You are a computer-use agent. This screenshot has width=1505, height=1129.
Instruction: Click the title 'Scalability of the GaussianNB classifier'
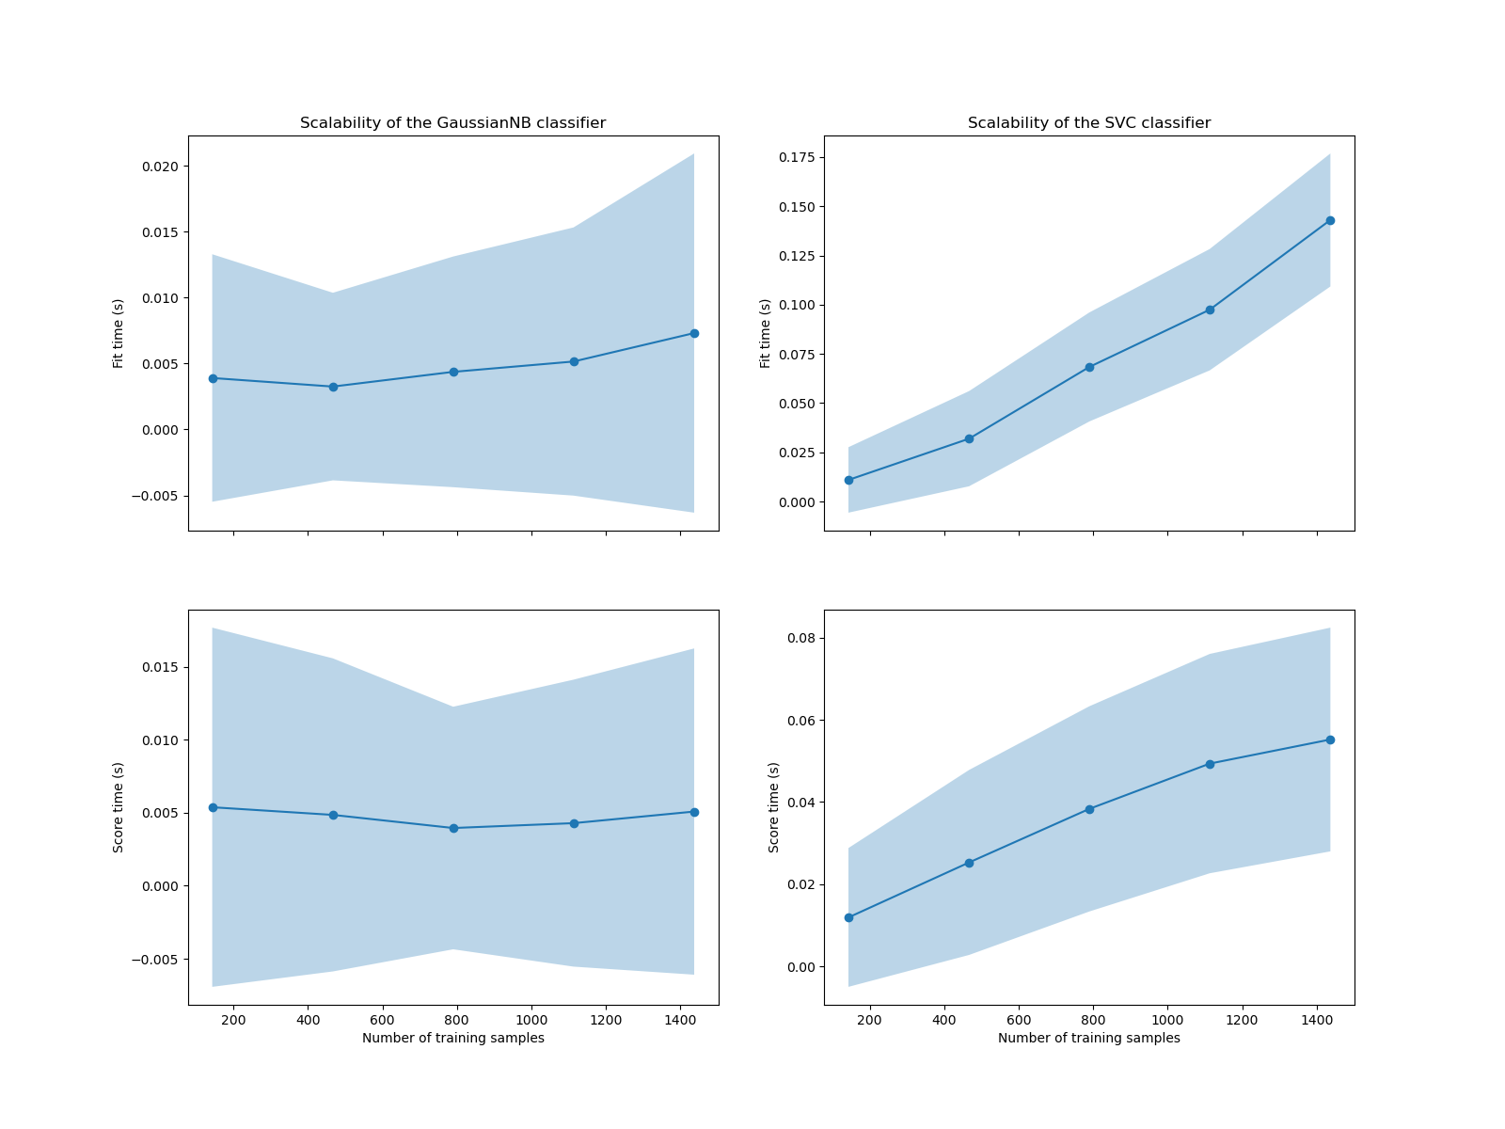click(x=452, y=123)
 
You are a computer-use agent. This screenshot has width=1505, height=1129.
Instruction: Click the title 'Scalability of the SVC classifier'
click(x=1089, y=123)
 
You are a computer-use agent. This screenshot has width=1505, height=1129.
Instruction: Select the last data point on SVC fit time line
click(x=1330, y=220)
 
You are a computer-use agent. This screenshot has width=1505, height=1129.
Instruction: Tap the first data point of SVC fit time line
click(x=848, y=480)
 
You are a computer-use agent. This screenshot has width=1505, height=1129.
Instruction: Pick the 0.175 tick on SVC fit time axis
click(x=796, y=157)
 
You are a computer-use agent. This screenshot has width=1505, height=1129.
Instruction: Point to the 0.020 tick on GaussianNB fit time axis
click(x=160, y=167)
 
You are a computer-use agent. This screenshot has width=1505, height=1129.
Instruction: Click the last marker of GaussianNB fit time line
click(x=694, y=333)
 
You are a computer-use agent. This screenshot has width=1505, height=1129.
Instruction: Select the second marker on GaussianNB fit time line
click(x=333, y=387)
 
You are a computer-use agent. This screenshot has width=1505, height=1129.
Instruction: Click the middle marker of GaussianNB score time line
click(x=453, y=828)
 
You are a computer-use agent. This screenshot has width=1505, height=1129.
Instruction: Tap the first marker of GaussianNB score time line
click(x=213, y=807)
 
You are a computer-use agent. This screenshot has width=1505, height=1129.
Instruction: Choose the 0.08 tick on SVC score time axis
click(x=800, y=638)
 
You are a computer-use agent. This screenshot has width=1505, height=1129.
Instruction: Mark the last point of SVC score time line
click(x=1330, y=739)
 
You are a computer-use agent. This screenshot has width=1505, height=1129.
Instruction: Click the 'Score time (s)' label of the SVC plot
click(x=774, y=807)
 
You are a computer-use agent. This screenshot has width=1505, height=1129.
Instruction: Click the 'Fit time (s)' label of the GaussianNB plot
click(x=119, y=333)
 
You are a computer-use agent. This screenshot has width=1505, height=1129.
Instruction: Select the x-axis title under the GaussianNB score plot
click(x=452, y=1038)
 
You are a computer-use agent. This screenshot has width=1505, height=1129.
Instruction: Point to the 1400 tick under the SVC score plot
click(x=1317, y=1019)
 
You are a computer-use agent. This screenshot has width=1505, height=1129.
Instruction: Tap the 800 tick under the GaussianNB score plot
click(x=457, y=1019)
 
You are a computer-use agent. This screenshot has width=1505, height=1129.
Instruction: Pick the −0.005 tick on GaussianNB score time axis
click(x=156, y=960)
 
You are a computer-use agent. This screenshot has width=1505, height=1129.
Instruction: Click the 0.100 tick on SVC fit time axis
click(x=796, y=305)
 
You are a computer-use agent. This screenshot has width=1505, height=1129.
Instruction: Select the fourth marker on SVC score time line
click(x=1210, y=764)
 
